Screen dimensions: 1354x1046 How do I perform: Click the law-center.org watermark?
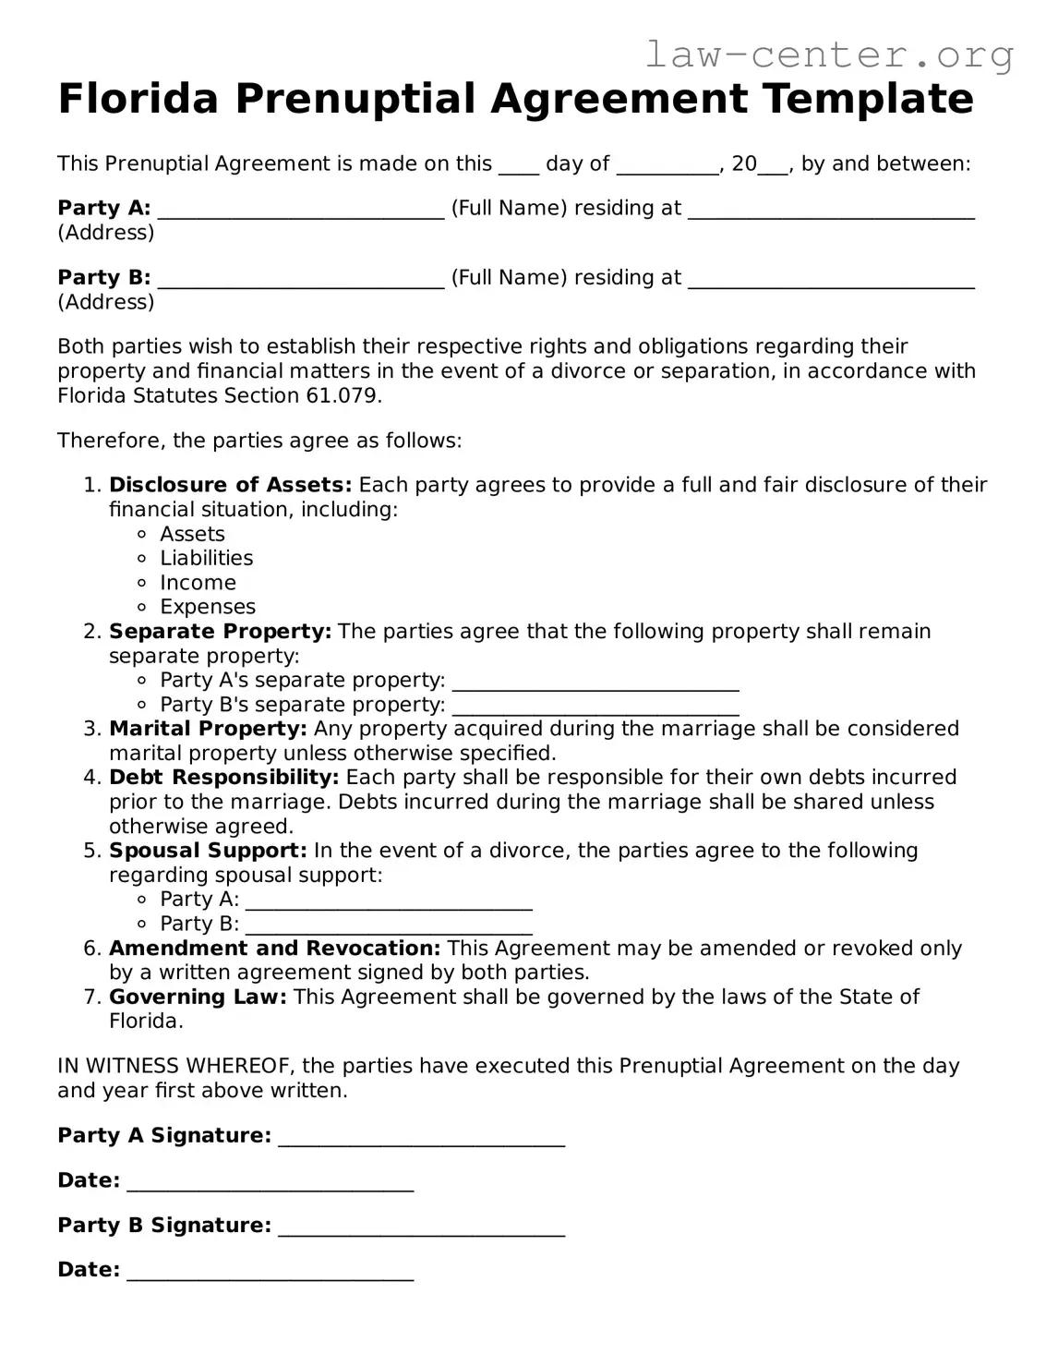pyautogui.click(x=828, y=54)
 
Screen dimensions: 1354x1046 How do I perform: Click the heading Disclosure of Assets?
pyautogui.click(x=230, y=485)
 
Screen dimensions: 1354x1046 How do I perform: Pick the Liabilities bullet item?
pyautogui.click(x=206, y=558)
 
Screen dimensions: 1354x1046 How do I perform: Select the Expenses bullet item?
pyautogui.click(x=208, y=607)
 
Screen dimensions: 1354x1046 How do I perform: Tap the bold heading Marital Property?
pyautogui.click(x=208, y=729)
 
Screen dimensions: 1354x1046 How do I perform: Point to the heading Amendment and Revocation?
pyautogui.click(x=274, y=948)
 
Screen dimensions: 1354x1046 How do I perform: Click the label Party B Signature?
pyautogui.click(x=164, y=1225)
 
